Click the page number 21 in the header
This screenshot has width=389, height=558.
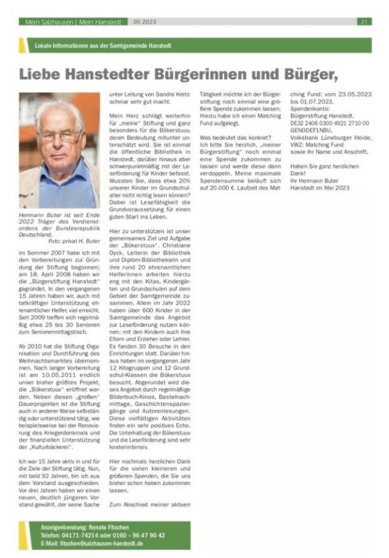click(364, 21)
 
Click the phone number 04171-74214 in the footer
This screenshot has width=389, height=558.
click(82, 535)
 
